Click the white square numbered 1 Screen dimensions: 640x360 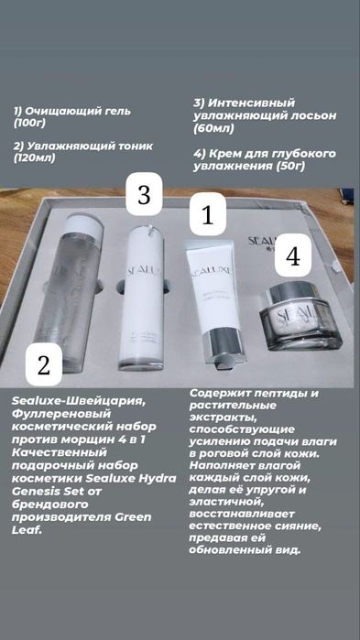click(207, 217)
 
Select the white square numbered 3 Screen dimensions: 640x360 click(143, 196)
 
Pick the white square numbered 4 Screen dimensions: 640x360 click(292, 256)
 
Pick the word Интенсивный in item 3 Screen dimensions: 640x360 click(251, 103)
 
